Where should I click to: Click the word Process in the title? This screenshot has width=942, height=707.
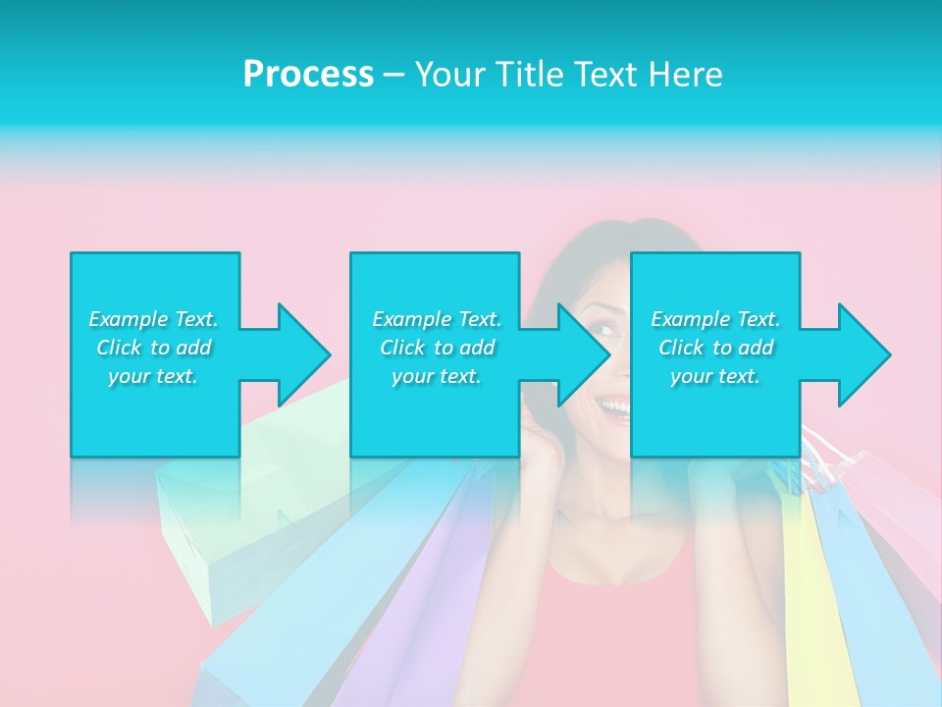(x=308, y=75)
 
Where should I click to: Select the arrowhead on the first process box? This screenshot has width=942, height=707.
(x=299, y=354)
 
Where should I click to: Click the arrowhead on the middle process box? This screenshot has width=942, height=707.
(x=580, y=354)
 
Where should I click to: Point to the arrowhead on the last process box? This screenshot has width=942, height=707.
(x=861, y=354)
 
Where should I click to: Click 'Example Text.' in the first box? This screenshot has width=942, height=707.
(x=154, y=319)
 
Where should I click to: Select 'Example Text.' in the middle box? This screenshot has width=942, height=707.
(x=436, y=319)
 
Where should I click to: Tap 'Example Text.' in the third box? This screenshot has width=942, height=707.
(x=715, y=319)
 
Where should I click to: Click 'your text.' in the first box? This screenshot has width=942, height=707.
(x=154, y=376)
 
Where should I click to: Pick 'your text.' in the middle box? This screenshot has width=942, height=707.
(x=436, y=376)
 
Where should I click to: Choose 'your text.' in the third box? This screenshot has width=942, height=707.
(x=715, y=376)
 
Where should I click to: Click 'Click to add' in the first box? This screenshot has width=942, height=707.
(x=154, y=348)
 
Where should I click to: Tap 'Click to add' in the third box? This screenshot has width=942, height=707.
(x=715, y=348)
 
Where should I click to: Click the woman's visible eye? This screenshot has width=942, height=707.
(x=607, y=328)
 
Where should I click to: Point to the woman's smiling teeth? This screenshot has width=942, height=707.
(x=616, y=405)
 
